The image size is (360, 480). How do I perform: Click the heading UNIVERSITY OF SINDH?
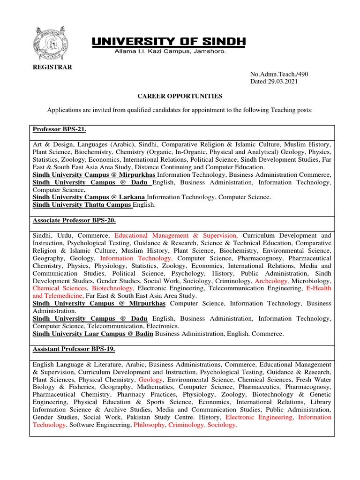tap(168, 42)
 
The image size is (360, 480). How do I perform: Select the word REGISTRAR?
tap(52, 67)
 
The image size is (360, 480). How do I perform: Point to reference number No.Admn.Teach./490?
tap(279, 74)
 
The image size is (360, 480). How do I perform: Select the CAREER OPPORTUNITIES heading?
tap(180, 96)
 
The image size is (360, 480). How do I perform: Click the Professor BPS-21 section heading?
tap(60, 129)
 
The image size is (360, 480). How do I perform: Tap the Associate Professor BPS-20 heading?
tap(74, 220)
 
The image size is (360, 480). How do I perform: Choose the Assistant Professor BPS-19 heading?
tap(74, 349)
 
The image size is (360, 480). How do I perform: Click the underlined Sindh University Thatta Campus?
tap(82, 205)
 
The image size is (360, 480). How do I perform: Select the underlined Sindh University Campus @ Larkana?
tap(89, 197)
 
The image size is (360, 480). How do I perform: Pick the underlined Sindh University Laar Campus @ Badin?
tap(93, 334)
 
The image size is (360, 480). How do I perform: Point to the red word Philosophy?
tap(150, 425)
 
